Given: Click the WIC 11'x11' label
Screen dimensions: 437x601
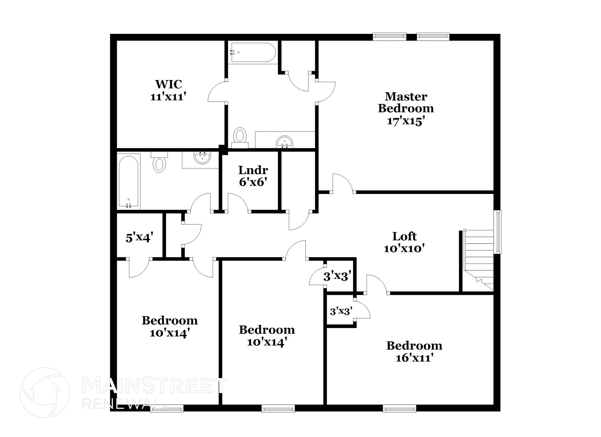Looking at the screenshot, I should (168, 90).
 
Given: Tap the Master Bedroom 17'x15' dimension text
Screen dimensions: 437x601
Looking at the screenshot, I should (406, 121).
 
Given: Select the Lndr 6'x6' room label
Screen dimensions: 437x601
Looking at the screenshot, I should (253, 176).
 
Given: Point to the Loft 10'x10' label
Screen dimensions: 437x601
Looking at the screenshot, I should (404, 242).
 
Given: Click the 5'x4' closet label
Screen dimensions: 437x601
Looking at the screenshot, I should (139, 237).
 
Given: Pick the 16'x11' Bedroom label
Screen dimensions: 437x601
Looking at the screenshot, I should (414, 352).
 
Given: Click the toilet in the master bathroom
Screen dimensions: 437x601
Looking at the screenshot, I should (240, 137).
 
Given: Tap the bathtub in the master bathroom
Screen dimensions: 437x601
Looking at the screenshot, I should (253, 53).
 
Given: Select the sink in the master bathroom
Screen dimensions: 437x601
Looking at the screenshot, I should (284, 142).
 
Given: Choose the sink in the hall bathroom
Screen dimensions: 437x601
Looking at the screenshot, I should (202, 158).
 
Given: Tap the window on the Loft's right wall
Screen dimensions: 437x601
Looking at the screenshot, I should (498, 232).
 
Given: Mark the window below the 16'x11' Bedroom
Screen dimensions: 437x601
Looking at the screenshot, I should (399, 408).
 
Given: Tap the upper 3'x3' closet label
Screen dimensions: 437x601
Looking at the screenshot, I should (337, 276).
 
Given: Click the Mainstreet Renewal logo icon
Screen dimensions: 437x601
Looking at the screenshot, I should (45, 392).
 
